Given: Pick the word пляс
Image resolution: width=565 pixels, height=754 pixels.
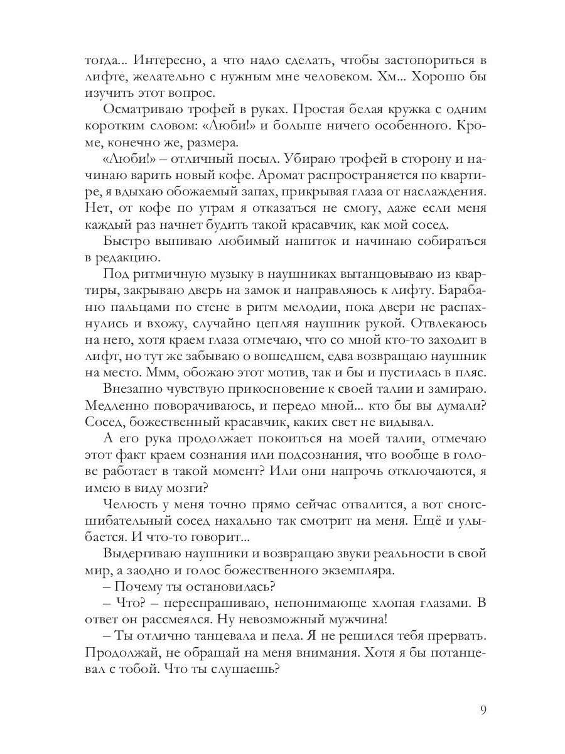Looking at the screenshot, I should point(470,372).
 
